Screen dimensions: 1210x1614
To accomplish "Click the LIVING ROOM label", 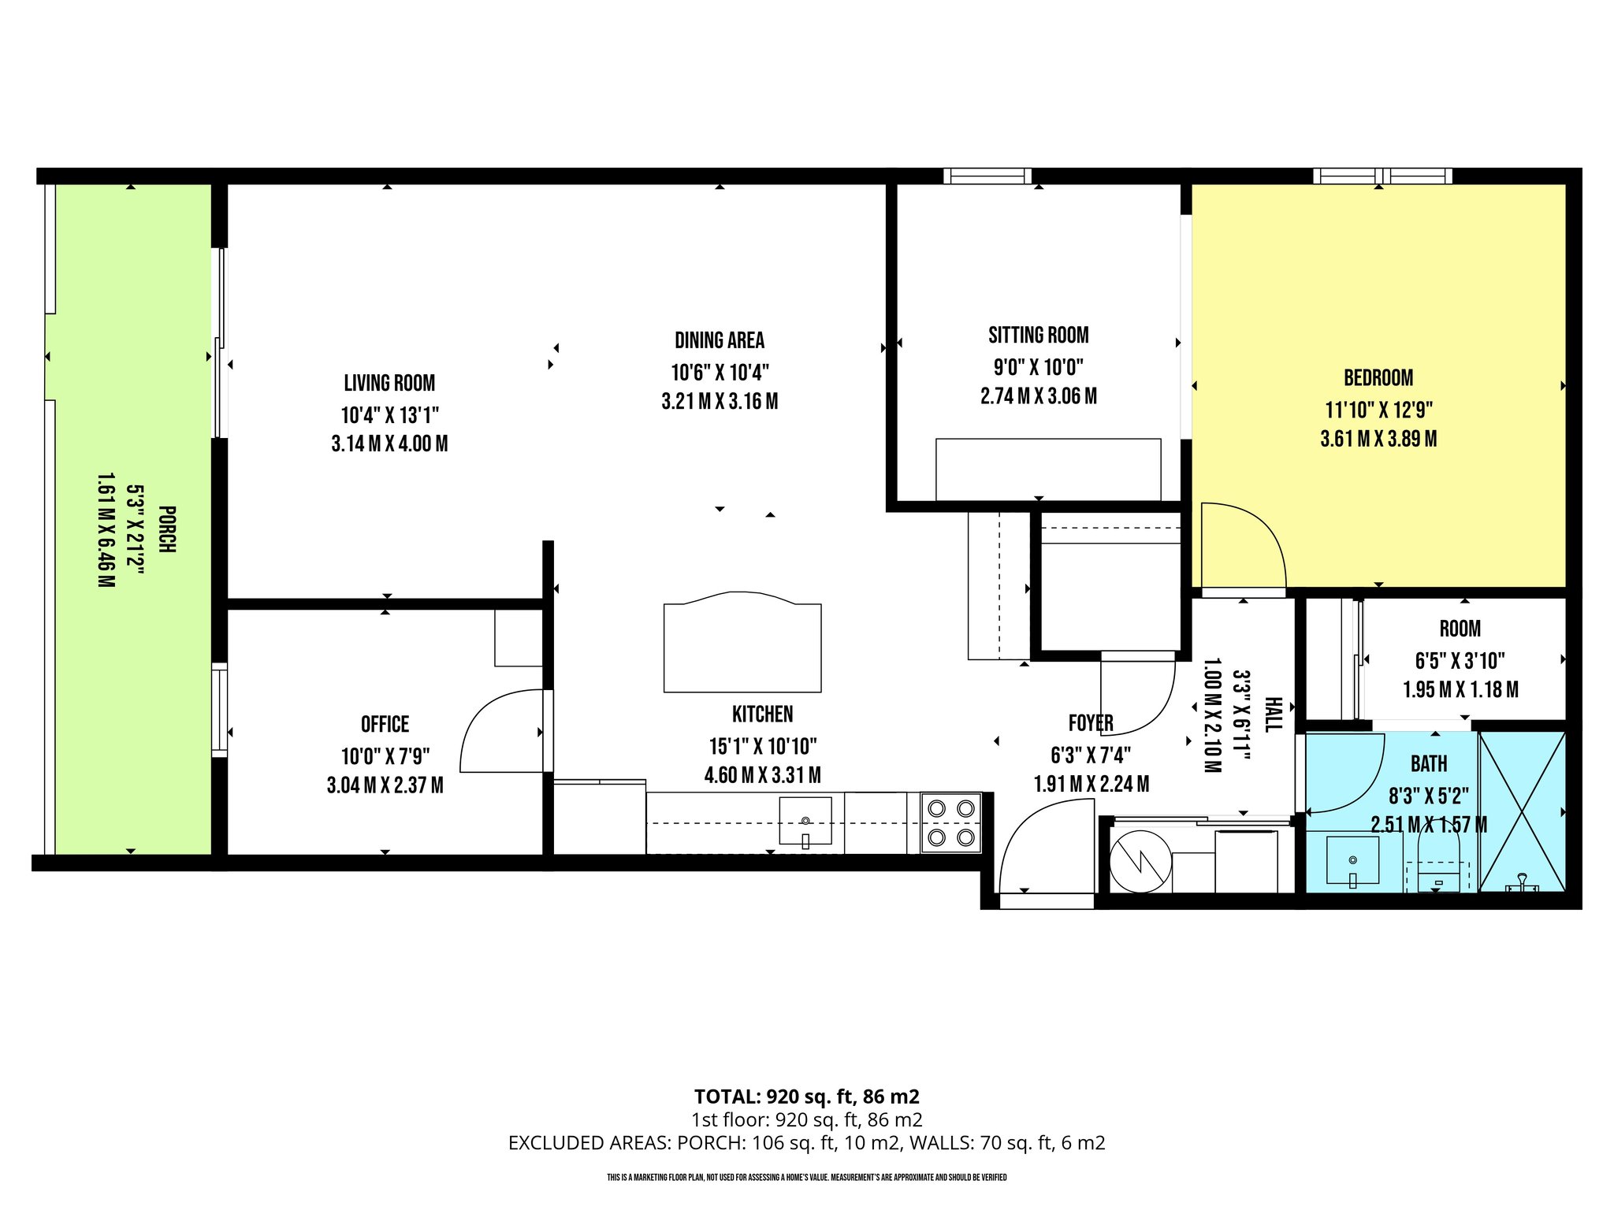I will (x=389, y=384).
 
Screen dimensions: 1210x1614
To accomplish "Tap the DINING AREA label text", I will (x=720, y=340).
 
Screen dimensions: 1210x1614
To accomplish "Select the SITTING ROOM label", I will (x=1038, y=336).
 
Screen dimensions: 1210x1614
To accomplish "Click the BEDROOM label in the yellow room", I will (x=1378, y=378).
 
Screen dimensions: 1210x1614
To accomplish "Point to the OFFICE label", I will (x=385, y=725).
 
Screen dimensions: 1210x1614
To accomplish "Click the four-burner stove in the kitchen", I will (x=951, y=822).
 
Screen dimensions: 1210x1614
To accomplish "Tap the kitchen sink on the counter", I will (x=805, y=821).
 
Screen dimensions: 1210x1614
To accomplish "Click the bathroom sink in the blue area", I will (x=1352, y=860).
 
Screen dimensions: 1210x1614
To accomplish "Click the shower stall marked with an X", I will (x=1522, y=811).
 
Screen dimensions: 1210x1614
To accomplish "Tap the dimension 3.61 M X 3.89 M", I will (x=1378, y=439).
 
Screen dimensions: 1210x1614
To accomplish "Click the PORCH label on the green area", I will (x=167, y=529).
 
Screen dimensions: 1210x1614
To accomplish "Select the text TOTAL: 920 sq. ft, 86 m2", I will (x=806, y=1097).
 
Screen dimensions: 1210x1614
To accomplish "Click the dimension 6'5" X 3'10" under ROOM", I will (x=1460, y=660).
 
